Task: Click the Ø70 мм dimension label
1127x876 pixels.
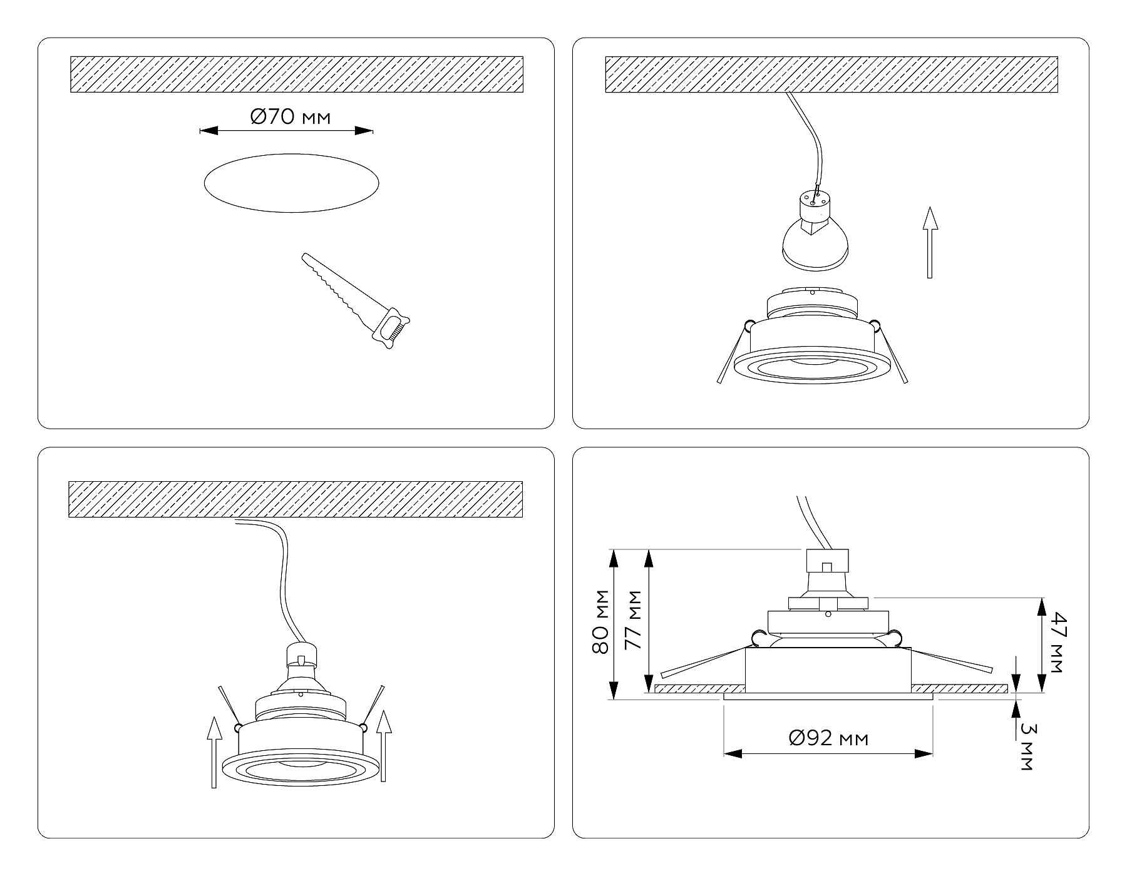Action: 291,116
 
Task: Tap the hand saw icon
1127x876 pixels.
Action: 356,300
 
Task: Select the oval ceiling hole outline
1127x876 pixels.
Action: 291,183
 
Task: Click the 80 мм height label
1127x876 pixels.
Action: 601,621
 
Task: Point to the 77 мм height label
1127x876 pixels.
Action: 634,619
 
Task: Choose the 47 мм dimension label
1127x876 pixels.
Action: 1056,643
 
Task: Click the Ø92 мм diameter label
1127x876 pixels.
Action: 829,738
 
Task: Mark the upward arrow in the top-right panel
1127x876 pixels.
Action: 930,242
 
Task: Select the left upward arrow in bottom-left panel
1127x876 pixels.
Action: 214,752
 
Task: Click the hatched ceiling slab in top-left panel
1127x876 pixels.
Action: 296,74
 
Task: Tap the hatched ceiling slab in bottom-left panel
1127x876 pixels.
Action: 296,500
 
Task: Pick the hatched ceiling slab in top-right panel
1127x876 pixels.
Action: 831,74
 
